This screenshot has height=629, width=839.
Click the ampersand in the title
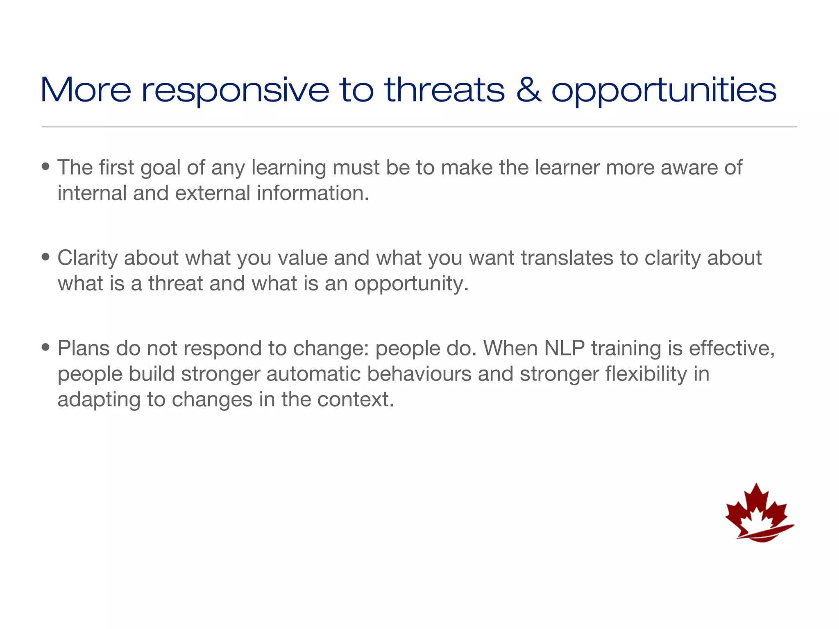[528, 90]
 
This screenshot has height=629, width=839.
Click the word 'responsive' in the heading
[235, 91]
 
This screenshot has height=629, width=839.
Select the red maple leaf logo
[758, 514]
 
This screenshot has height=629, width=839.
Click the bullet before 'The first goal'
[46, 167]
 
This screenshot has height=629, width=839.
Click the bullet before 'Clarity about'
[46, 257]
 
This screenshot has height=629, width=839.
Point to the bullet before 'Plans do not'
[46, 348]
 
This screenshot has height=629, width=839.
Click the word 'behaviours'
[419, 374]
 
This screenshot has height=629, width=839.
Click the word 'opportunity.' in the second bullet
[411, 284]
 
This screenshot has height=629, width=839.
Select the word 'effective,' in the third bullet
[732, 348]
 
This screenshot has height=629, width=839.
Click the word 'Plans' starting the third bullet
[84, 348]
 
